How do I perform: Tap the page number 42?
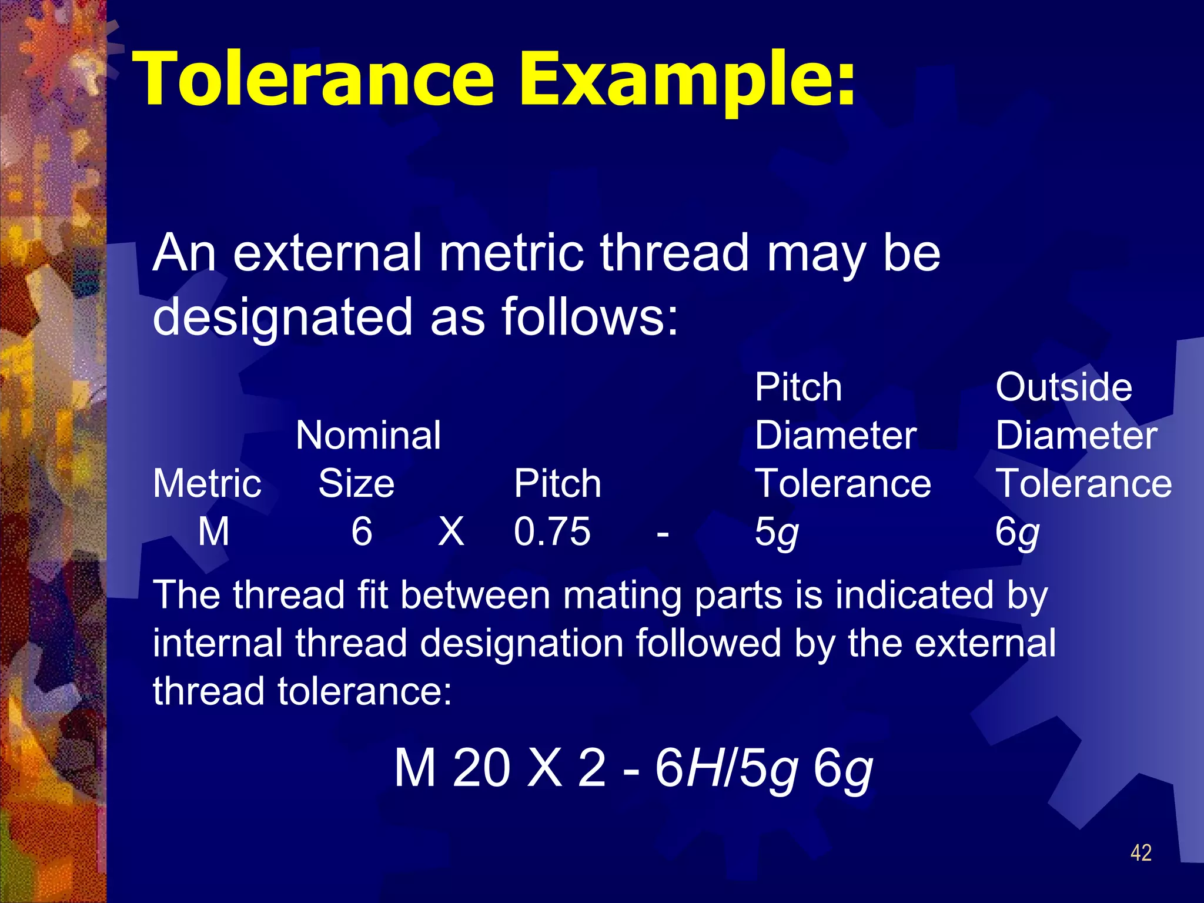pyautogui.click(x=1141, y=852)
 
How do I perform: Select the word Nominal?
pyautogui.click(x=368, y=436)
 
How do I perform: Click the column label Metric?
pyautogui.click(x=207, y=484)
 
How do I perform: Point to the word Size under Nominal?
pyautogui.click(x=356, y=484)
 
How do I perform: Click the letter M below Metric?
pyautogui.click(x=213, y=531)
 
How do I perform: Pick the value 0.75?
pyautogui.click(x=551, y=531)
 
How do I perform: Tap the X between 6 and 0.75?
pyautogui.click(x=451, y=531)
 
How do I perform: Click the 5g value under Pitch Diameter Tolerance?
pyautogui.click(x=776, y=533)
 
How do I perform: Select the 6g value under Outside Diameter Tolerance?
pyautogui.click(x=1017, y=533)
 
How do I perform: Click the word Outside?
pyautogui.click(x=1063, y=387)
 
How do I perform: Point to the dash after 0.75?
pyautogui.click(x=662, y=534)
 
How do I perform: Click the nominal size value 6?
pyautogui.click(x=362, y=531)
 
